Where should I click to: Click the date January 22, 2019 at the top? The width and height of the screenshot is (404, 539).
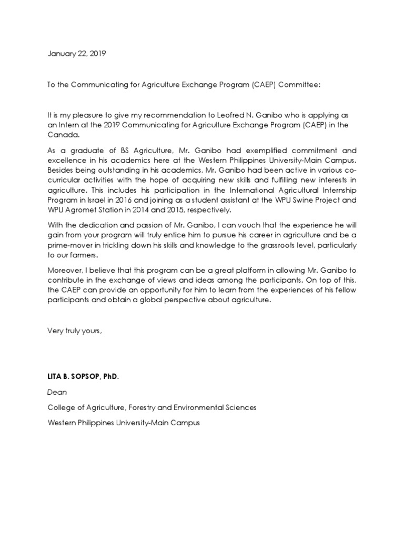[76, 54]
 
